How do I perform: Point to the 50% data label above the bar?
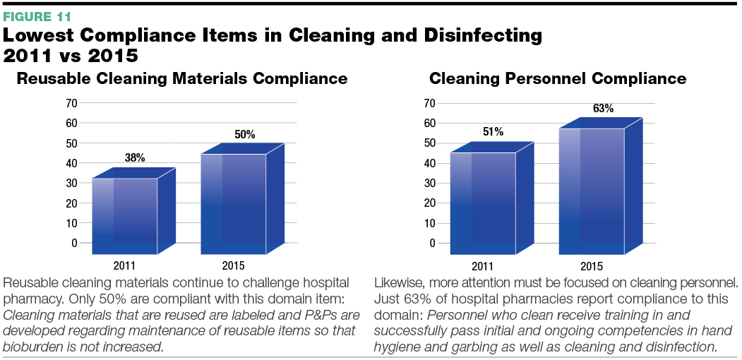click(245, 134)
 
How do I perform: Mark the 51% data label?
click(493, 131)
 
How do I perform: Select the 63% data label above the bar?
click(603, 108)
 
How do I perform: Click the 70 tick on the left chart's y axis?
click(71, 103)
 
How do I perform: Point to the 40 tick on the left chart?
click(71, 163)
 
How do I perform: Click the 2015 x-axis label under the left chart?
click(234, 266)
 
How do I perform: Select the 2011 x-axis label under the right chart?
click(482, 266)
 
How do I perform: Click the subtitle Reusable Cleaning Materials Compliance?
click(181, 78)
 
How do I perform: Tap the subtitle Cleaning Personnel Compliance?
click(557, 78)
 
